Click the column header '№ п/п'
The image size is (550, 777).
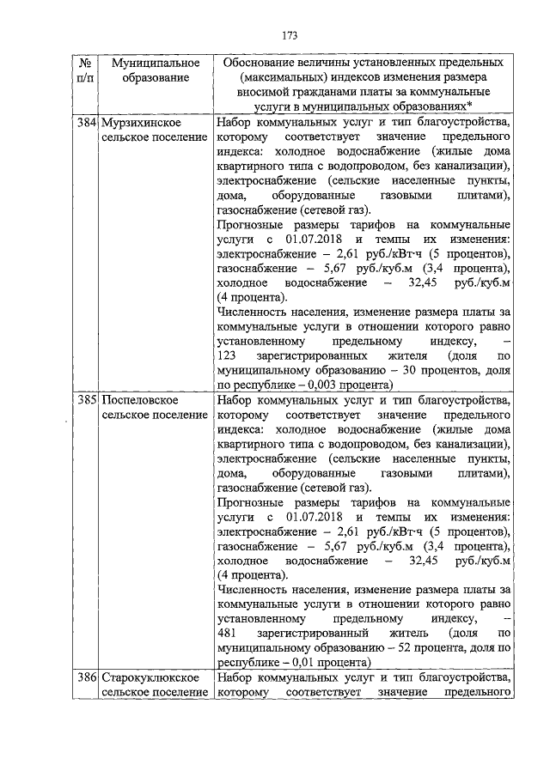(x=85, y=70)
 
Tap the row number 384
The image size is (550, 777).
(x=85, y=123)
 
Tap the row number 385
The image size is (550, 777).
(x=85, y=401)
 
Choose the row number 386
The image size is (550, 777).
(x=85, y=678)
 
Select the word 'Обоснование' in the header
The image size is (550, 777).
(x=262, y=63)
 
